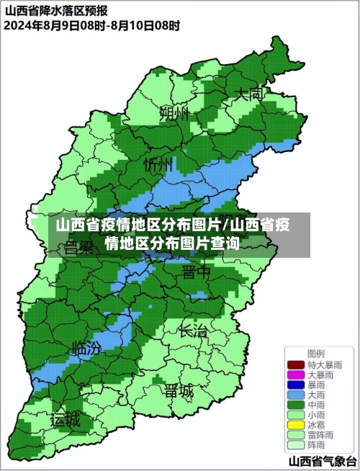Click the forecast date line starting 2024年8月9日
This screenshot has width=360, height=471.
[x=91, y=25]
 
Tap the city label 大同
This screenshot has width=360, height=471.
[x=249, y=94]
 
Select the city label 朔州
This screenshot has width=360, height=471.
[x=174, y=113]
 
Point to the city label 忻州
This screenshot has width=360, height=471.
[x=158, y=165]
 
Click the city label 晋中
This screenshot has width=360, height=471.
[x=196, y=272]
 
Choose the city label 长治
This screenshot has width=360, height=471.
[x=192, y=331]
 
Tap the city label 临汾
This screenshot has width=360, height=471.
[x=86, y=348]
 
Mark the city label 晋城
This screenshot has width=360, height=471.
[x=179, y=391]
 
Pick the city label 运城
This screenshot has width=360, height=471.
[x=66, y=421]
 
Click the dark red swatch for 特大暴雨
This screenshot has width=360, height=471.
[x=296, y=365]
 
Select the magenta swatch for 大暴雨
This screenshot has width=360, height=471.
[x=296, y=375]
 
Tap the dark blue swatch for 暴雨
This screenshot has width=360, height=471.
[x=296, y=385]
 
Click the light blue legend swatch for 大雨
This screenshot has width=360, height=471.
[x=296, y=395]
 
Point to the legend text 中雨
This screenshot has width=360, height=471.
[x=318, y=405]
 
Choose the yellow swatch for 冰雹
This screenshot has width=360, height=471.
[x=296, y=426]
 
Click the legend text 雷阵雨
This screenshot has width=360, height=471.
[x=320, y=436]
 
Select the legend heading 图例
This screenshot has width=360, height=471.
[x=315, y=354]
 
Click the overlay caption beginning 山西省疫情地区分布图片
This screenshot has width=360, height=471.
[x=173, y=234]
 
